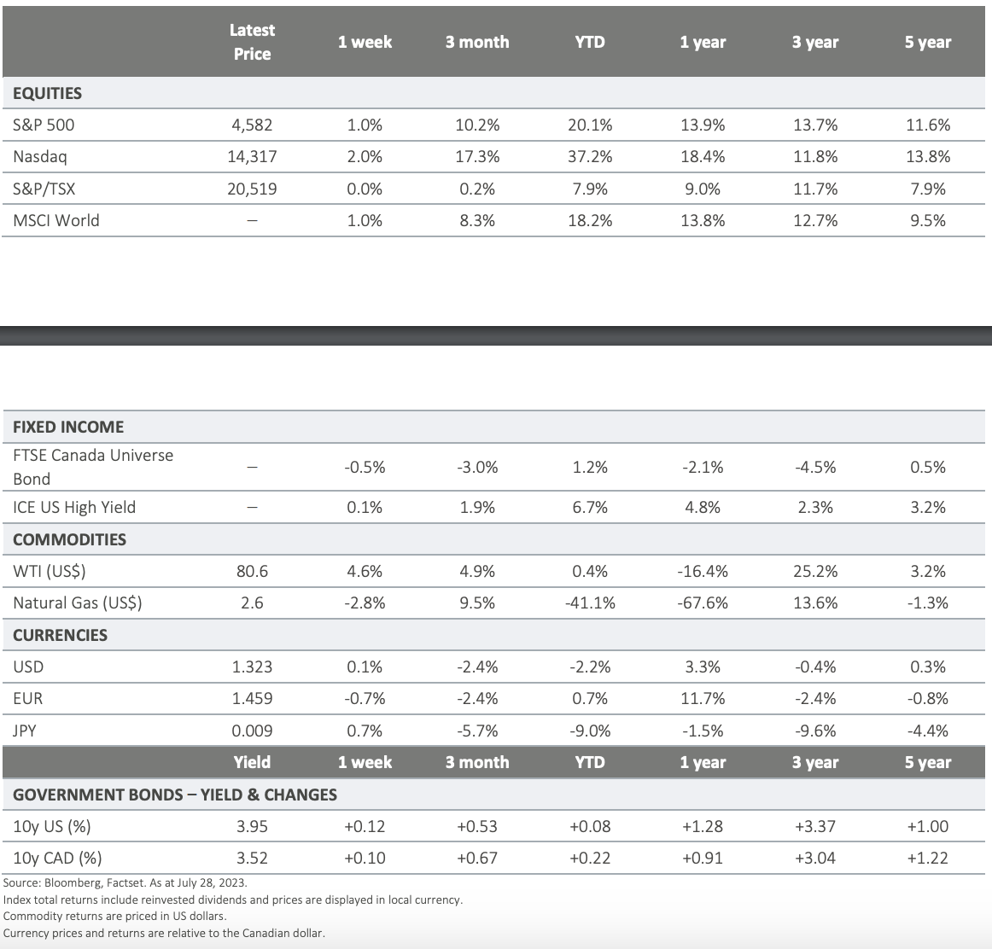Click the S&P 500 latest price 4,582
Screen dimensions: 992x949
252,125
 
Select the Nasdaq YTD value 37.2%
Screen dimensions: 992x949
590,157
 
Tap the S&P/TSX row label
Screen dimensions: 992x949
44,189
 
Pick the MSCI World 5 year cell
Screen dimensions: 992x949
927,221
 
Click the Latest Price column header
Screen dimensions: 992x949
252,42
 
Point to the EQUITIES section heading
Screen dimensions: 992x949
48,94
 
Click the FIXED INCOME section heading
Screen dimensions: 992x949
68,427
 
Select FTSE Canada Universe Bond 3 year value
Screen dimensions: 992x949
814,467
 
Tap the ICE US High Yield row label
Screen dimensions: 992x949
74,507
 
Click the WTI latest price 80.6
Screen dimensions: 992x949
252,572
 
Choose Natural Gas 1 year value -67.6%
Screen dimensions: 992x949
703,603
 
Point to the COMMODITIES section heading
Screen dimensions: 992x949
70,539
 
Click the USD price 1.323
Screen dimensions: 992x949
252,667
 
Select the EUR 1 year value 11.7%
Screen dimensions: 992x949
703,699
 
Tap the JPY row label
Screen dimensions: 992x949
24,731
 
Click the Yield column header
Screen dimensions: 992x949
252,762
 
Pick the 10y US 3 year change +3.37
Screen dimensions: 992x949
814,826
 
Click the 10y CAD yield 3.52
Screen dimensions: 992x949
252,858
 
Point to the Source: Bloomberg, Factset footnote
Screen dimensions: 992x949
125,883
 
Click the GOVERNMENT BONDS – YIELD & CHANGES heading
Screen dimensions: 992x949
175,795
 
